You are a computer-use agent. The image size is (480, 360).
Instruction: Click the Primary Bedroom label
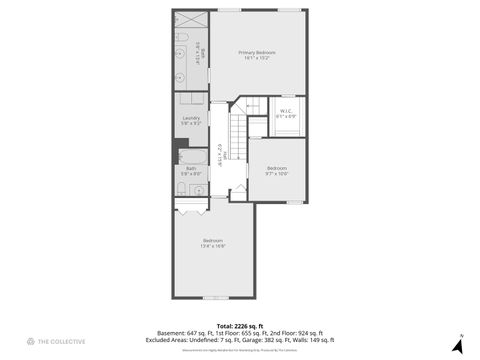(257, 52)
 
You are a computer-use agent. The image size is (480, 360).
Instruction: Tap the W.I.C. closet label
(285, 111)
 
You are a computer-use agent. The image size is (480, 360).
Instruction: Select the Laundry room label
(191, 118)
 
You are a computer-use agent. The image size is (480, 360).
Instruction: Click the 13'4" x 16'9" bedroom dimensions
(213, 245)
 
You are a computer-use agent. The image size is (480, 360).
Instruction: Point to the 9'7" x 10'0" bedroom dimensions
(276, 173)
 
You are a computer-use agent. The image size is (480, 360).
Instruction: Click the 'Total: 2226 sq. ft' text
(240, 326)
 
